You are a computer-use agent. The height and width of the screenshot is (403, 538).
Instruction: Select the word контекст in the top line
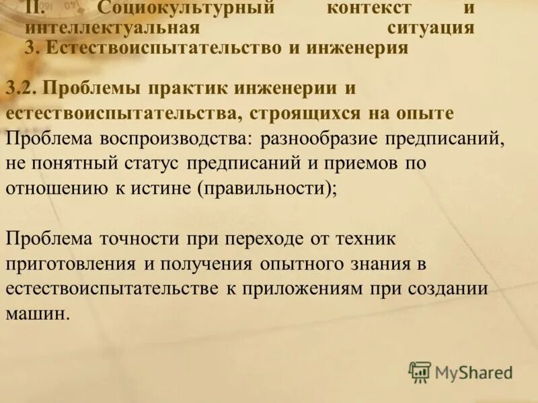(x=369, y=9)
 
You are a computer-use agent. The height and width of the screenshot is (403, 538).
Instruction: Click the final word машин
(x=37, y=314)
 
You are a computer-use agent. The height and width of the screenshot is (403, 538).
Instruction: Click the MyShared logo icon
(x=420, y=371)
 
